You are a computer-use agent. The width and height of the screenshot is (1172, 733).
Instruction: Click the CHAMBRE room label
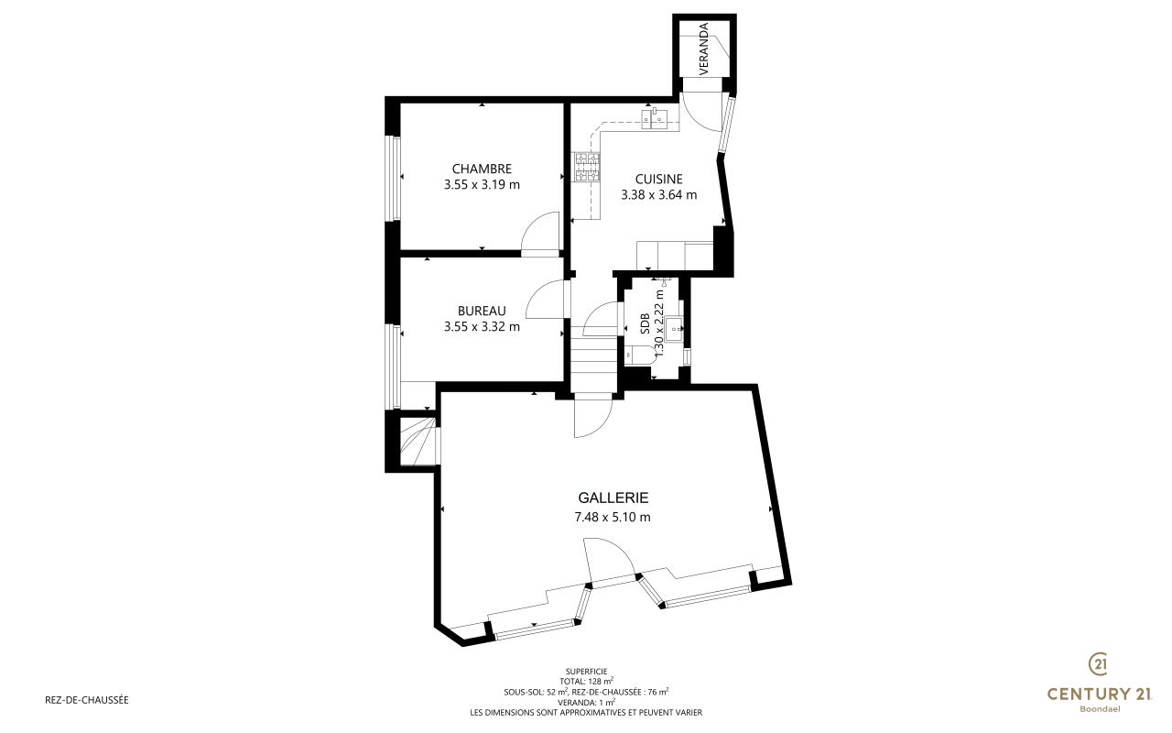point(482,169)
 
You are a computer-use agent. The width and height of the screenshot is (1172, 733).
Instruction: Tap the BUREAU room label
point(482,311)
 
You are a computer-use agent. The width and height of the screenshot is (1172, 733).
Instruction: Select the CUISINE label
point(658,179)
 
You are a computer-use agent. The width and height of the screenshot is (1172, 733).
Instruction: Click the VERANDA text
point(704,49)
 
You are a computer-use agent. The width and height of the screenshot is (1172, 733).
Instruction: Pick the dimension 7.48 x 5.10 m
point(613,518)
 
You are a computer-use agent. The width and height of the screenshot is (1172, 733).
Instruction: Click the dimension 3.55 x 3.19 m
point(482,185)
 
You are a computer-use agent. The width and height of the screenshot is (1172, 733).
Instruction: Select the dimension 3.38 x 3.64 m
point(658,195)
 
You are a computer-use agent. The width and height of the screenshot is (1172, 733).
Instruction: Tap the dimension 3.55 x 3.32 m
point(482,327)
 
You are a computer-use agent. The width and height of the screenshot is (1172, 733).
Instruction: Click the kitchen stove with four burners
point(587,167)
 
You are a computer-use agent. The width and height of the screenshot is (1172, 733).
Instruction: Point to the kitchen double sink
point(654,118)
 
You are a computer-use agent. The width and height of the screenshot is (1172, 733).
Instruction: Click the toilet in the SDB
point(639,355)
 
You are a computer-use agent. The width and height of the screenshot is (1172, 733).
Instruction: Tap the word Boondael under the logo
point(1100,709)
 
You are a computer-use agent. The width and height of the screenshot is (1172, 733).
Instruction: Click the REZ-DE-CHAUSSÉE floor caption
point(87,700)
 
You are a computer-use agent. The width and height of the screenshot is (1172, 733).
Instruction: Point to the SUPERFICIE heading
point(586,672)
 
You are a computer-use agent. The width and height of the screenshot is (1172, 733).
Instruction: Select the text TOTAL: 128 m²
point(586,681)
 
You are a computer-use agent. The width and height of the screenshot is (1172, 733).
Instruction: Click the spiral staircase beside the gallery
point(418,441)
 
